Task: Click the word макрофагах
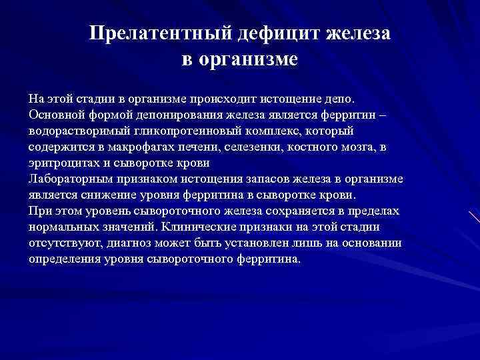pyautogui.click(x=142, y=147)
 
